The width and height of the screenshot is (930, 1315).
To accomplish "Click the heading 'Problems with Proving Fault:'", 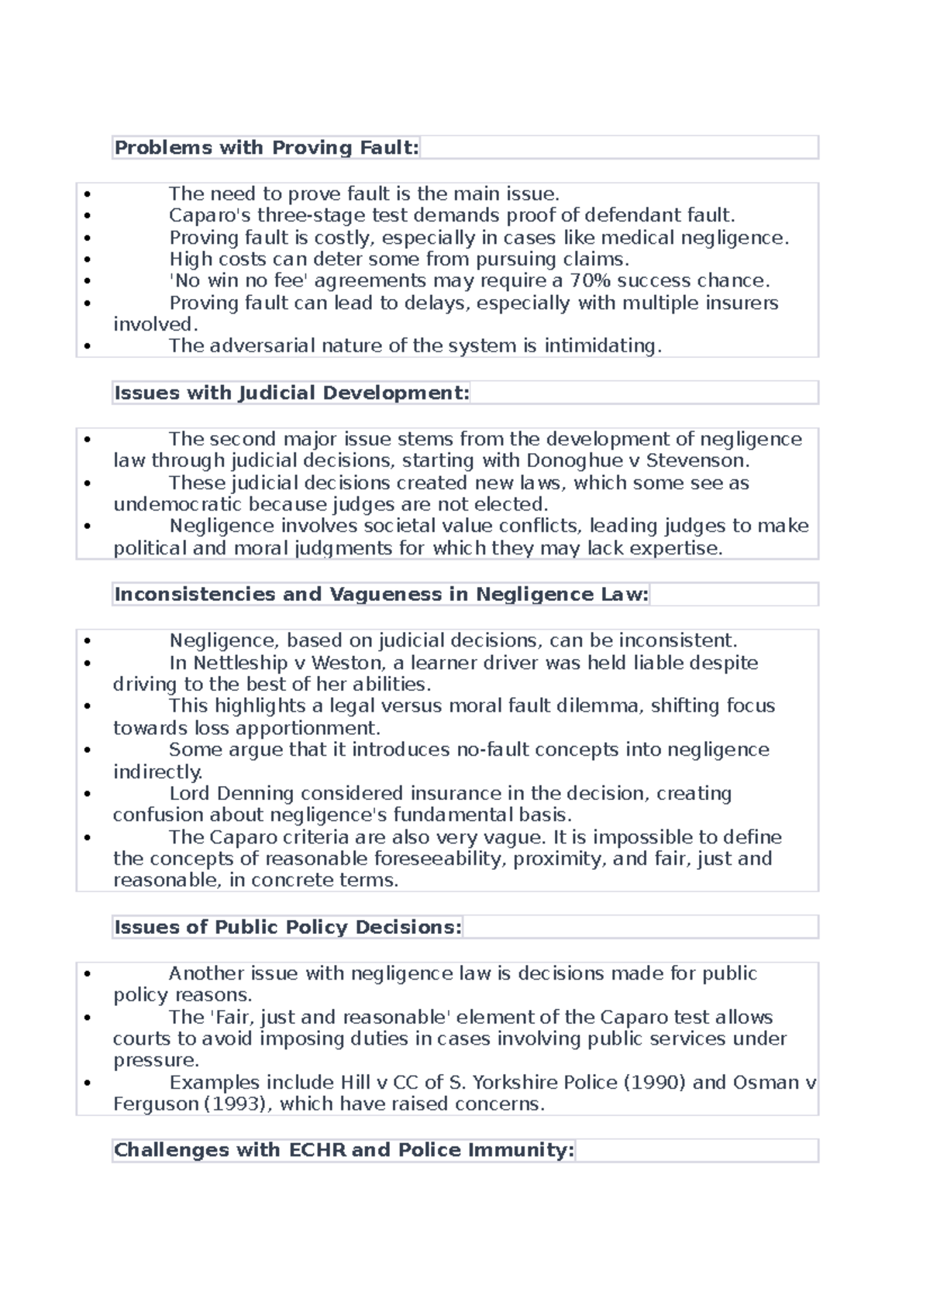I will [267, 147].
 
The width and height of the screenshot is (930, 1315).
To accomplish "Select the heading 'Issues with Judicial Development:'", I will [291, 393].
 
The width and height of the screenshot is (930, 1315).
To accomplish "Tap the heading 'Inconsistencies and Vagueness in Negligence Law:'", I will [381, 594].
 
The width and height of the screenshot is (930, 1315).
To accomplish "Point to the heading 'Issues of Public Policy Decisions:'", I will [288, 927].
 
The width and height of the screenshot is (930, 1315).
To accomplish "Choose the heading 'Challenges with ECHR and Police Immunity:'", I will [344, 1150].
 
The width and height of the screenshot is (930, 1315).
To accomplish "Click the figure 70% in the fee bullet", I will [591, 280].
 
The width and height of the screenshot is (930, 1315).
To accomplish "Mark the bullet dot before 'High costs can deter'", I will [87, 259].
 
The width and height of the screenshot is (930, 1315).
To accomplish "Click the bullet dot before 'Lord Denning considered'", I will [87, 794].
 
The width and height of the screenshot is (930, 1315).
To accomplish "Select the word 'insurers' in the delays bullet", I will [742, 303].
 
